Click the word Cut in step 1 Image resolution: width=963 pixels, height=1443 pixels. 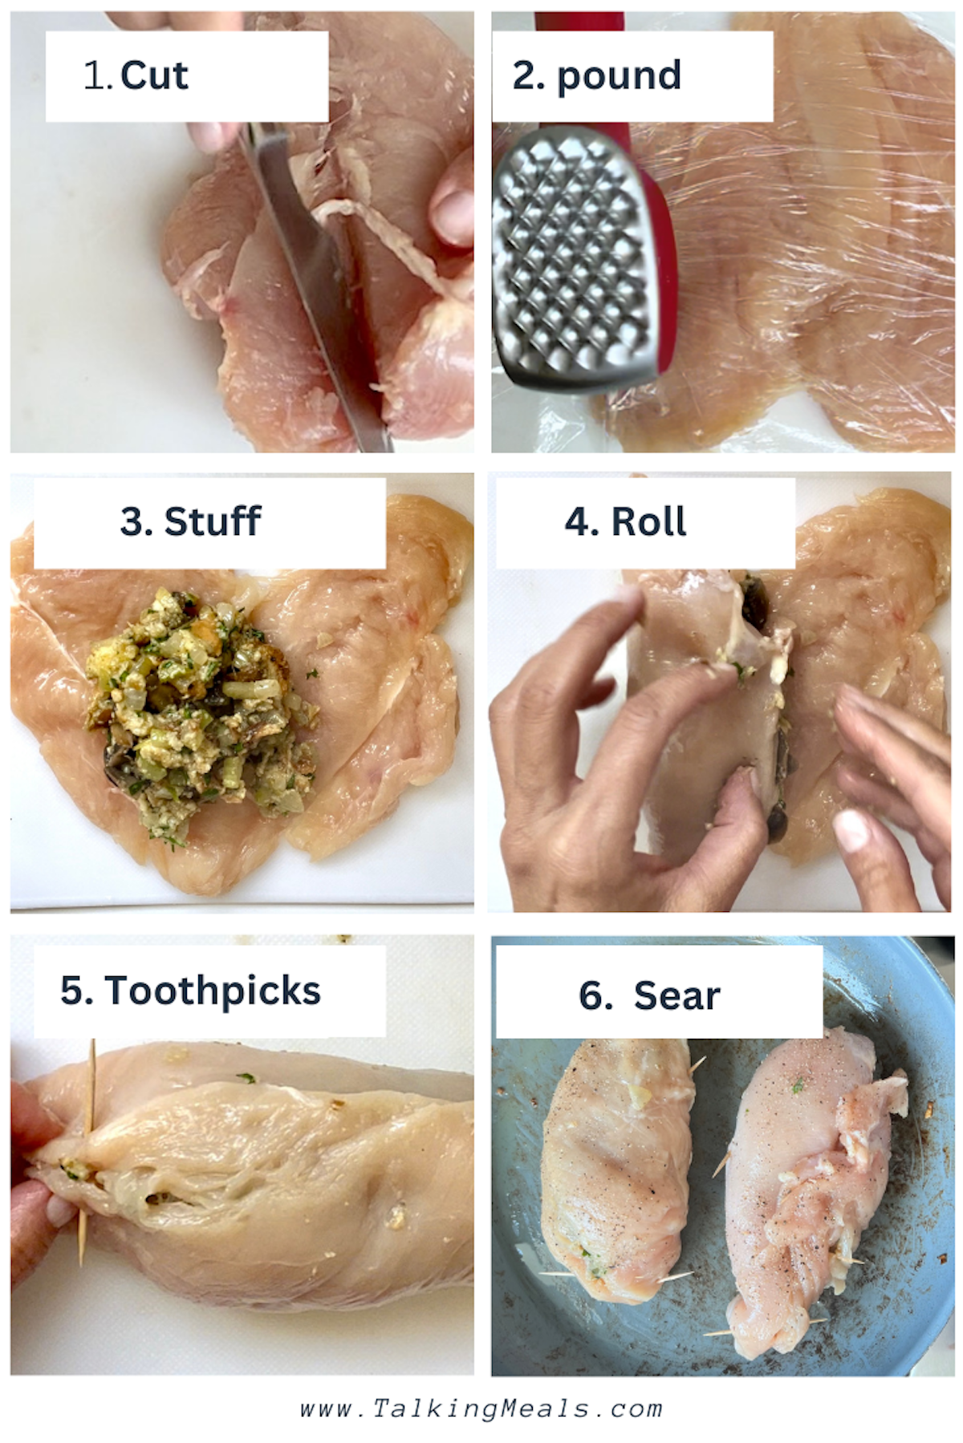154,76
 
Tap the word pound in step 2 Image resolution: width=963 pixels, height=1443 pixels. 619,76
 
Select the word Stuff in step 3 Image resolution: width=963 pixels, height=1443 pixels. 213,521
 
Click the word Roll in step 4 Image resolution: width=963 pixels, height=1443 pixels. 648,521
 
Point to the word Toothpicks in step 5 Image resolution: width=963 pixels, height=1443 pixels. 213,991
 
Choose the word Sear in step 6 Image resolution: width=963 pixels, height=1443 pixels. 677,996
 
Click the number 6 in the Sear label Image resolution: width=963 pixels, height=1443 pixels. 595,996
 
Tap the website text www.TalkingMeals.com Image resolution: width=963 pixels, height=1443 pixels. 481,1409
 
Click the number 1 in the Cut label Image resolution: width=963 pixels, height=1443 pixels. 95,76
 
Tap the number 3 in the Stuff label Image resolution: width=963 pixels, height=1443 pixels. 132,521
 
